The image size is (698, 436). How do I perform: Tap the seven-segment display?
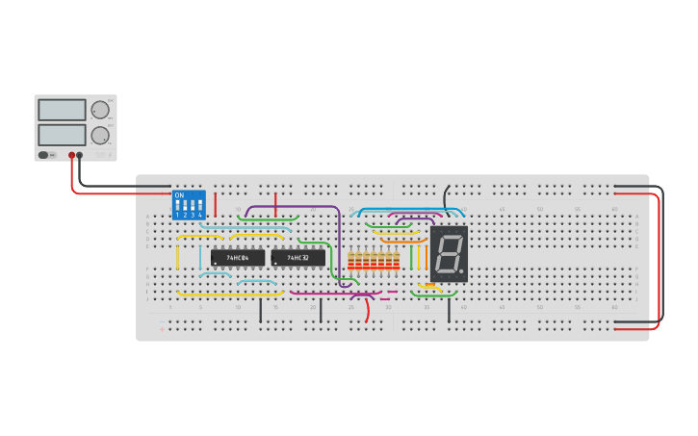449,254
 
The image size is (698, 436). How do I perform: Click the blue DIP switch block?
189,205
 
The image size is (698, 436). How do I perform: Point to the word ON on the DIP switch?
179,195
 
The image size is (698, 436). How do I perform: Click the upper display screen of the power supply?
62,110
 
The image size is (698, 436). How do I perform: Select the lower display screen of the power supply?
62,134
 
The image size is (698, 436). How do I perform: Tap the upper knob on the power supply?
99,110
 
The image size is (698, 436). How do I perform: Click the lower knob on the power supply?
99,135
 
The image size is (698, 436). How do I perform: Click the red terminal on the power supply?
71,155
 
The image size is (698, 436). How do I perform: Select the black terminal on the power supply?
80,155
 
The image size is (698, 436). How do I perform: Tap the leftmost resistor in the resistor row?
350,261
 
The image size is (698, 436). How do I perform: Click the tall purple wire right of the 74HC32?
339,245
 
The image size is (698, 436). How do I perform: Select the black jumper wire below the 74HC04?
260,309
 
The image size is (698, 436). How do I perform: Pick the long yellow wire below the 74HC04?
229,294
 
